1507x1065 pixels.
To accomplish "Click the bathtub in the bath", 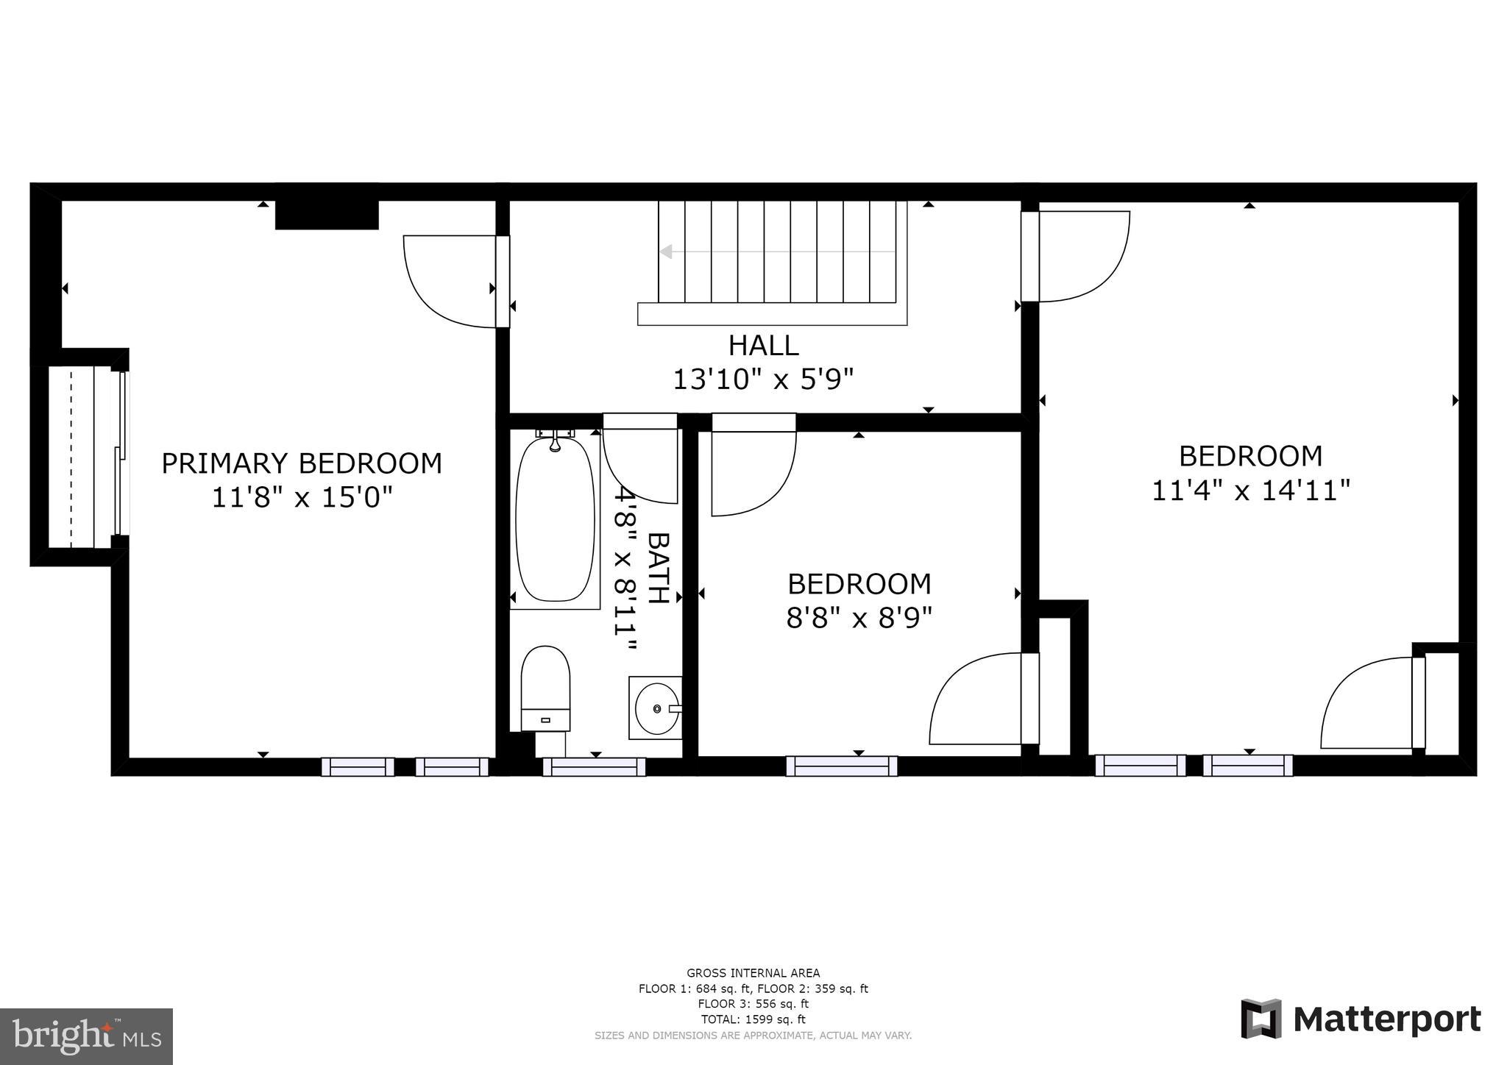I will tap(555, 519).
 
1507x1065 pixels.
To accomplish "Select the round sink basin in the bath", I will tap(656, 708).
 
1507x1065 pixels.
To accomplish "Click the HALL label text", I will tap(763, 345).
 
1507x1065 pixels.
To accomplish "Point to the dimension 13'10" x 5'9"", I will tap(763, 380).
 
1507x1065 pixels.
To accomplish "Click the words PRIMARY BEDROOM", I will tap(302, 463).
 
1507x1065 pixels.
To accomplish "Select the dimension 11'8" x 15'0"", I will tap(302, 498).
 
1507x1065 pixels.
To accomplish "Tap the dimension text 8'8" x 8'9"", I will tap(859, 618).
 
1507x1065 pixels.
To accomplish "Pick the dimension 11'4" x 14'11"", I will tap(1250, 491).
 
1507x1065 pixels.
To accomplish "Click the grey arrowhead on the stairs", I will tap(666, 252).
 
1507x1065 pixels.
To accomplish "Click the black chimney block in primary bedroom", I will tap(327, 215).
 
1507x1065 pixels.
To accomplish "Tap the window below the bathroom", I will tap(594, 766).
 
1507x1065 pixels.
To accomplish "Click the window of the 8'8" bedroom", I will tap(841, 766).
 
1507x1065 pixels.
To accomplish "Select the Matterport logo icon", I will tap(1260, 1019).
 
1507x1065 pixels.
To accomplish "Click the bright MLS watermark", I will tap(86, 1036).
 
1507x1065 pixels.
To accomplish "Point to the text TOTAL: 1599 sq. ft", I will tap(753, 1019).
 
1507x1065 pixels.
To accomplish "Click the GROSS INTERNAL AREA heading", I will tap(753, 973).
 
